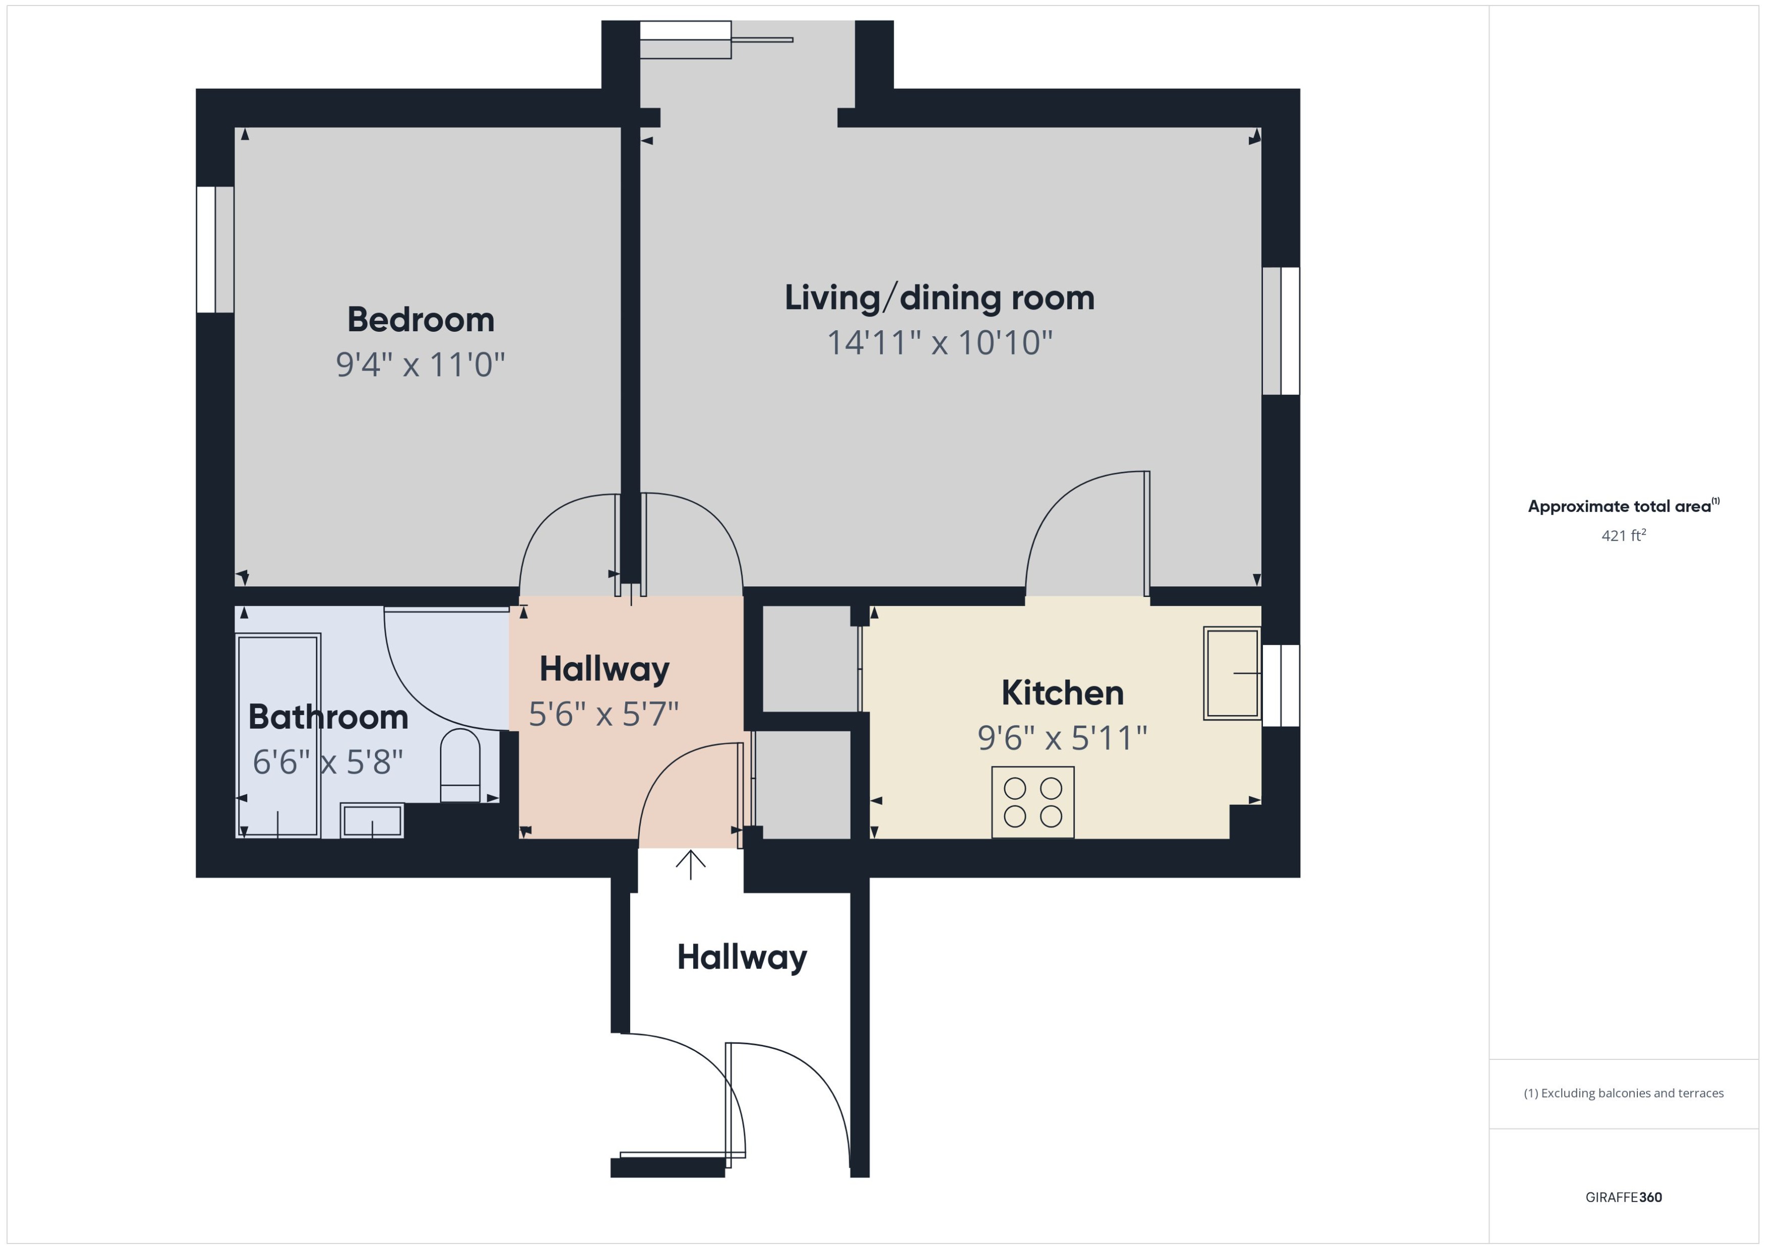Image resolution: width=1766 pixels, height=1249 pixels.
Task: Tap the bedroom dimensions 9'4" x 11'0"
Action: pyautogui.click(x=420, y=365)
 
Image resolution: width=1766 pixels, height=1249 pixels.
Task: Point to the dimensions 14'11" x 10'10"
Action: pyautogui.click(x=939, y=343)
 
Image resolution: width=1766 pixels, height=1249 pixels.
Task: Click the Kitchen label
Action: pyautogui.click(x=1062, y=693)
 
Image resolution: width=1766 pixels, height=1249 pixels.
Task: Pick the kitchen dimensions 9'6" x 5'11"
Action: pyautogui.click(x=1062, y=738)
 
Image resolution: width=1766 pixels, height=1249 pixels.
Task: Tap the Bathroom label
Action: pyautogui.click(x=328, y=717)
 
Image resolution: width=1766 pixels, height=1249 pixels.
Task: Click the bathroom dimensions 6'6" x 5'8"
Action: pyautogui.click(x=328, y=762)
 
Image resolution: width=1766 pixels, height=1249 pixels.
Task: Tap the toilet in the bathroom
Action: pyautogui.click(x=460, y=766)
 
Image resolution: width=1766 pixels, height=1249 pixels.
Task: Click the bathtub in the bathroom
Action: pyautogui.click(x=278, y=735)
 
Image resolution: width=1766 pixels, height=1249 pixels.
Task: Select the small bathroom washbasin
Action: pyautogui.click(x=372, y=820)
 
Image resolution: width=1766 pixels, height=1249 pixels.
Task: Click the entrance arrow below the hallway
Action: pyautogui.click(x=690, y=864)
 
